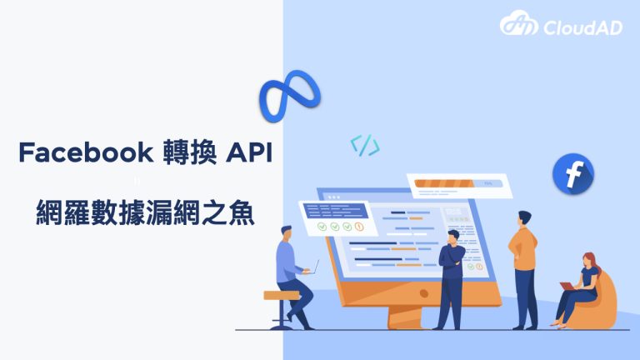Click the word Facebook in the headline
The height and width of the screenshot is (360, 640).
86,152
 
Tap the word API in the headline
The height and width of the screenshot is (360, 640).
249,152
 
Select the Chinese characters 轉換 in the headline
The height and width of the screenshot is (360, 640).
189,152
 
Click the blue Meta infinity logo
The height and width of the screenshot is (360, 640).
289,96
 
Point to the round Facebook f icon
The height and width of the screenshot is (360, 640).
573,173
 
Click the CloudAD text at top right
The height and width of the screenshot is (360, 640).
582,27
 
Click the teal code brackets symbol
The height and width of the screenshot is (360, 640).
365,145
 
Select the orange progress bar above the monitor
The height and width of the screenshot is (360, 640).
444,183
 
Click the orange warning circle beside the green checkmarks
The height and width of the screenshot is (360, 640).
359,227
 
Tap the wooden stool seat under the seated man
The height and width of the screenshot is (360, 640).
282,295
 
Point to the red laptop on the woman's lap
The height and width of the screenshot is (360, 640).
568,286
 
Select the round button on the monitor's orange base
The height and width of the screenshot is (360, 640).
424,293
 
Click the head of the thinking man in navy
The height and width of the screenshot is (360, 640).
453,237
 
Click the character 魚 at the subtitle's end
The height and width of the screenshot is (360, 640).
242,212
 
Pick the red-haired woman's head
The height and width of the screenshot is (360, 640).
589,260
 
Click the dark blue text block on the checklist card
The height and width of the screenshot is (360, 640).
336,211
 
